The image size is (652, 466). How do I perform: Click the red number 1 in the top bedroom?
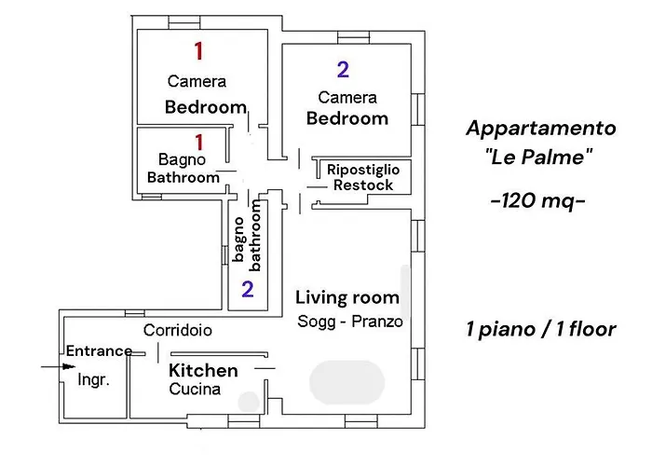click(197, 50)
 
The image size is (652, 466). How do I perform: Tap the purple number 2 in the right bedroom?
click(343, 69)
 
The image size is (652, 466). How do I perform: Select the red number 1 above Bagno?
click(197, 141)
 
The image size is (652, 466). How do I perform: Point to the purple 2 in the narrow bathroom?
click(247, 288)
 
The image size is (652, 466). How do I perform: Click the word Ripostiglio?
click(363, 170)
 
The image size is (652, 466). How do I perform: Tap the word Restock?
click(363, 185)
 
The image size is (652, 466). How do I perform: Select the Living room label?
click(347, 298)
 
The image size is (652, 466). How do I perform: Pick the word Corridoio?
click(177, 330)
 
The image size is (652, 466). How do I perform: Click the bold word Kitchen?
click(203, 370)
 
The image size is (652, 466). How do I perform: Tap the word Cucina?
click(195, 390)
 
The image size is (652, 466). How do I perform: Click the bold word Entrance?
click(99, 350)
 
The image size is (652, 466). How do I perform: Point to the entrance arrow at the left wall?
click(51, 367)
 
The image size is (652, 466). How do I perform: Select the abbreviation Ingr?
click(93, 380)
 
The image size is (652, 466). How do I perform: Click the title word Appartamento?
click(540, 128)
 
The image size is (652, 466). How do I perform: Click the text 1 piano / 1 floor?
click(540, 330)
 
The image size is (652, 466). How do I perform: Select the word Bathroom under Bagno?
click(183, 177)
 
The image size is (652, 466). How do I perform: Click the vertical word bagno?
click(239, 240)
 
